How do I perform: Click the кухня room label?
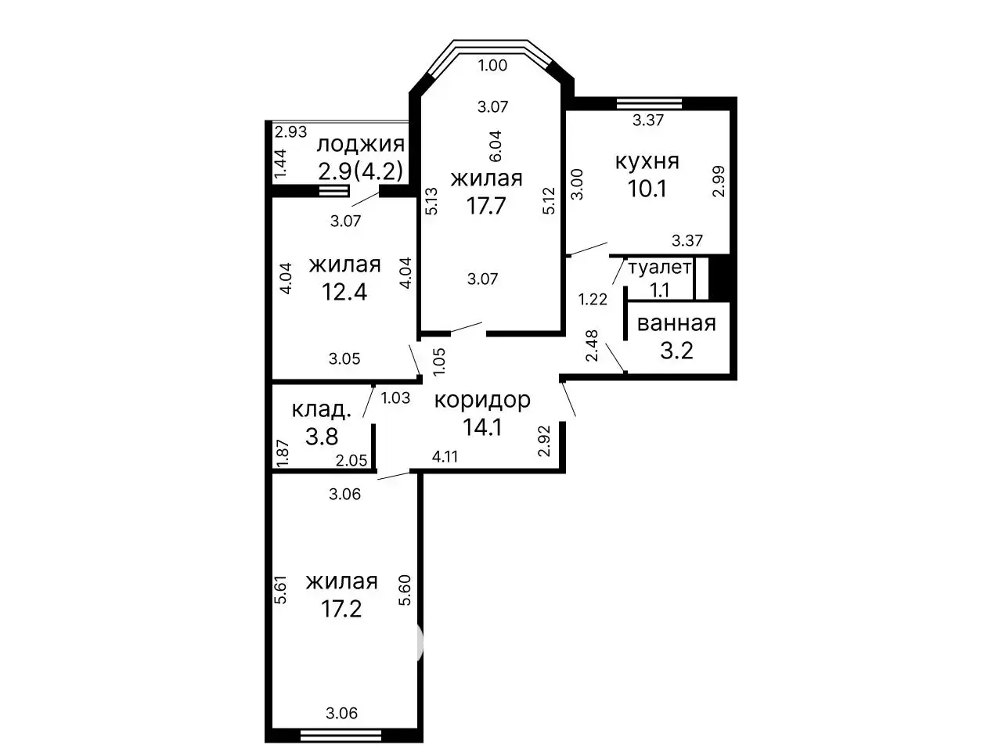point(647,162)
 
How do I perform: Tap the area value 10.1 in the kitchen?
point(647,189)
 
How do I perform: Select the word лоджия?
point(361,145)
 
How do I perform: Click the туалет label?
point(660,268)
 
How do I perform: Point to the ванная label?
point(676,323)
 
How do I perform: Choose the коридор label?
point(482,400)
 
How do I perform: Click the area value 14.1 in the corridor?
point(482,427)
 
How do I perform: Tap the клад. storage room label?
point(322,410)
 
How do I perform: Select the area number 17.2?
point(341,609)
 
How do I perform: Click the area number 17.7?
point(486,205)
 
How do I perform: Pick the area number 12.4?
point(344,292)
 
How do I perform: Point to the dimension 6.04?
point(496,146)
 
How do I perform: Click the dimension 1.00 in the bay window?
point(492,66)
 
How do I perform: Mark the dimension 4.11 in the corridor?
point(445,456)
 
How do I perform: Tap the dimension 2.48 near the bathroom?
point(592,346)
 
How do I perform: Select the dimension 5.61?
point(280,590)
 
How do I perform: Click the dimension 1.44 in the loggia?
point(279,164)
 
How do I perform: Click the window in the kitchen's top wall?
point(649,103)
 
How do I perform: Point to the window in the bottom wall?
point(341,735)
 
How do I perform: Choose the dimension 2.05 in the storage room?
point(351,460)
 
